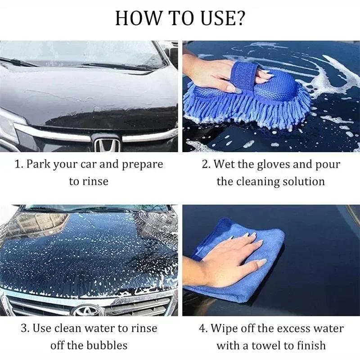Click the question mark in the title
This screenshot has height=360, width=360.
click(x=240, y=18)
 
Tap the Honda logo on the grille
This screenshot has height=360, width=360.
click(x=107, y=144)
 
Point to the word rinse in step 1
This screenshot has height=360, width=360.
click(x=95, y=181)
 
